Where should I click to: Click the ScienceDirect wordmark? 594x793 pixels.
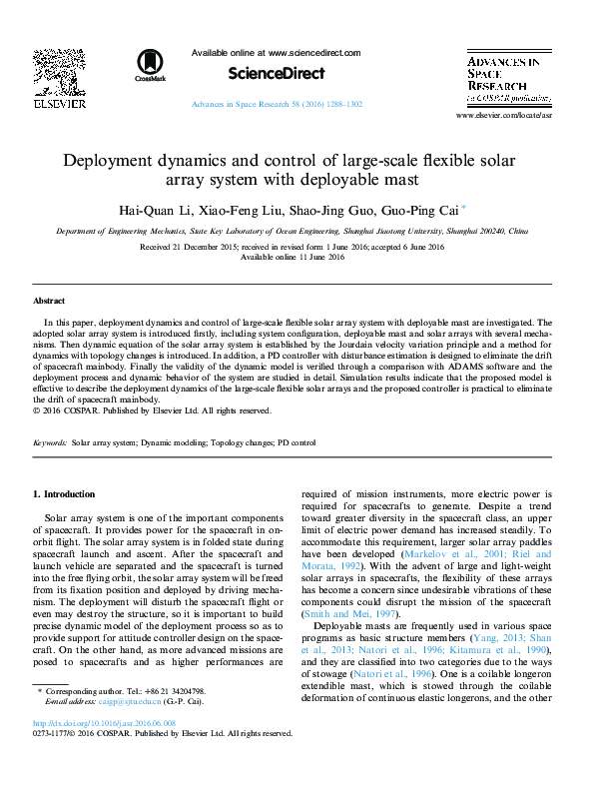[277, 73]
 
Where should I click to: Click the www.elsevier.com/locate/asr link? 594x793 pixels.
[517, 116]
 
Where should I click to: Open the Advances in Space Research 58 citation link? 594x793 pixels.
[277, 105]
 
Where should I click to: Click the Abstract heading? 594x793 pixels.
[49, 300]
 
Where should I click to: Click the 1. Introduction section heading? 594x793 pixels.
[64, 494]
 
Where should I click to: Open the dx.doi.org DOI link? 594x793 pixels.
[103, 722]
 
